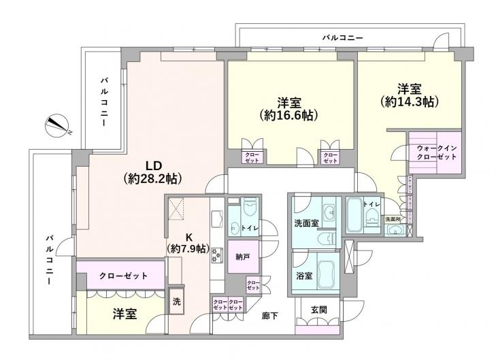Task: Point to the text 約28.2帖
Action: point(152,179)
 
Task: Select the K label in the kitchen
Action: point(190,238)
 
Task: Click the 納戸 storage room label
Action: point(243,258)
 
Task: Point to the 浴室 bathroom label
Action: point(304,278)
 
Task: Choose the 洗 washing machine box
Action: point(176,302)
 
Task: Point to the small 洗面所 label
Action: point(393,219)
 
